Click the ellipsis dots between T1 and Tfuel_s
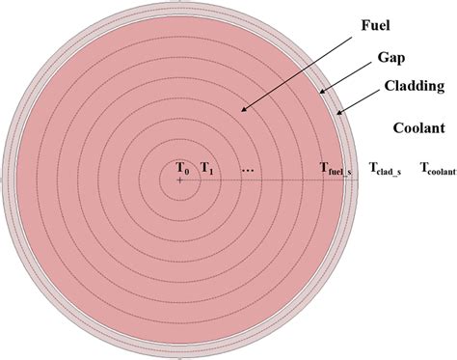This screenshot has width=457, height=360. [248, 170]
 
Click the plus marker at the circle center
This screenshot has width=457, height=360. [180, 180]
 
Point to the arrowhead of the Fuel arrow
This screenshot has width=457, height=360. [243, 113]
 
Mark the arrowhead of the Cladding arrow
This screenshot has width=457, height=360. [336, 113]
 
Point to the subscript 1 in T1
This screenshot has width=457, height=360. [212, 171]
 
